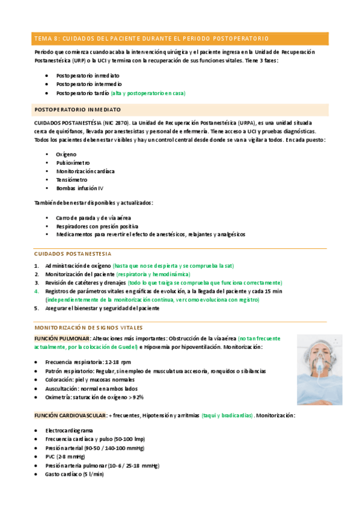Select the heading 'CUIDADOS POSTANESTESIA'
72,254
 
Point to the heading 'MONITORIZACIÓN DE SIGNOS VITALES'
89,328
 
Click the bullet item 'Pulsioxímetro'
73,162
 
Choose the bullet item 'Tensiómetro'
72,179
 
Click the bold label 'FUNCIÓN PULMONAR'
63,339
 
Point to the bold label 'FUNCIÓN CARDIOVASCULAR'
70,416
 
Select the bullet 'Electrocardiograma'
69,431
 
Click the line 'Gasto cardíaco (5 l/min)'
74,475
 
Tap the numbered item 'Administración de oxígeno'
78,265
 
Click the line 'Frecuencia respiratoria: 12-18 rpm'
88,362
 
